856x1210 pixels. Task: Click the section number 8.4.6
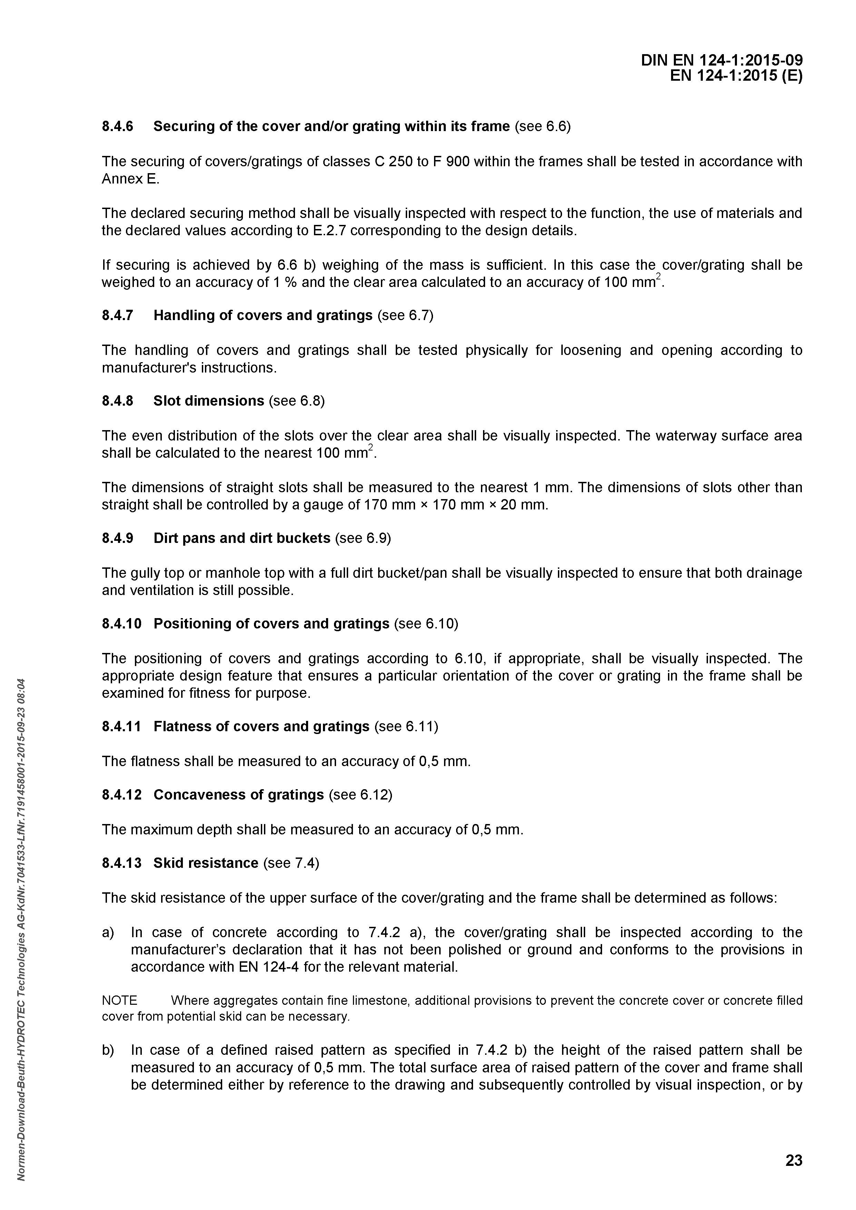(x=118, y=127)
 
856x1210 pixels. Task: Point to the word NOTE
(x=120, y=1000)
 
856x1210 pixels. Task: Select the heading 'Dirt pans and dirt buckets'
(x=242, y=538)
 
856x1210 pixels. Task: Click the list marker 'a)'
(x=108, y=932)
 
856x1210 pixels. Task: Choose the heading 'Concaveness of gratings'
(x=238, y=794)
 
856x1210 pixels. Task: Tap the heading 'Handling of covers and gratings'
(x=263, y=315)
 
